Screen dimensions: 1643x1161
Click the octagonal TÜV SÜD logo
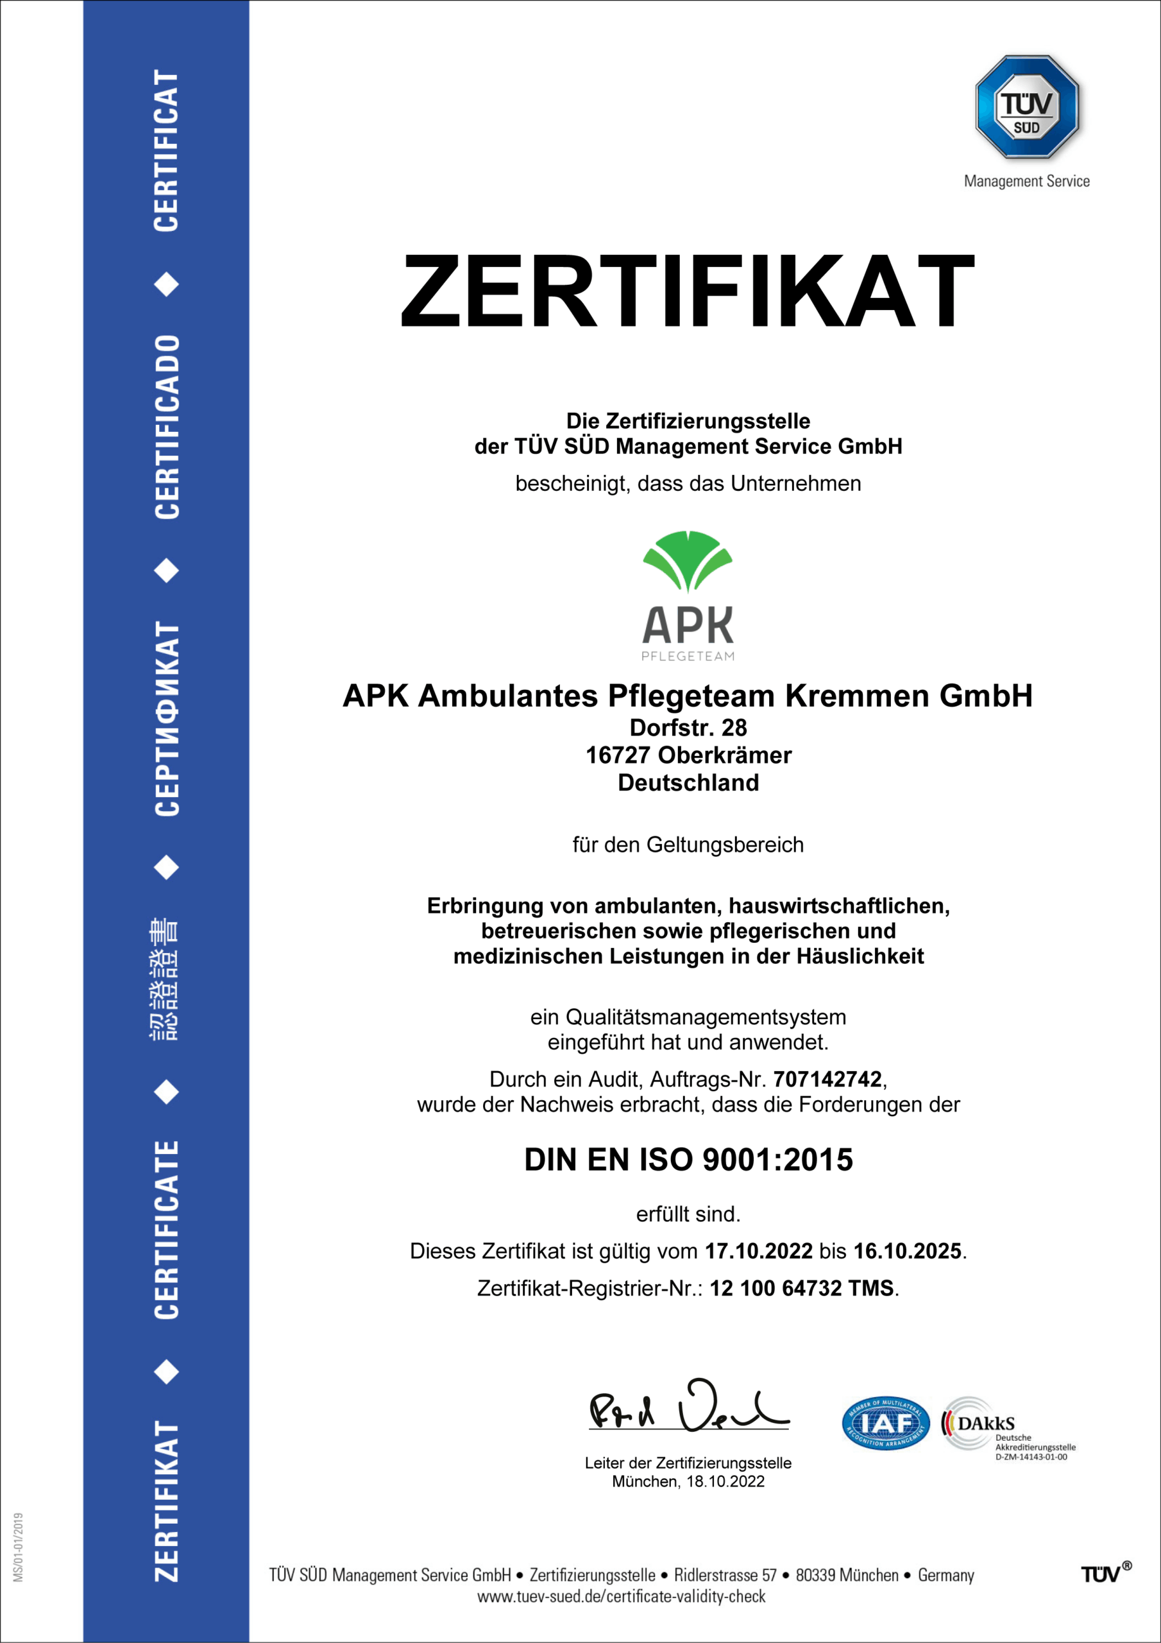point(1026,107)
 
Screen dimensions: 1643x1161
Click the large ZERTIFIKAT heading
point(687,291)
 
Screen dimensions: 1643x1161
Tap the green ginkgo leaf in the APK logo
point(688,560)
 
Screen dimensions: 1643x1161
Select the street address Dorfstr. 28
point(688,728)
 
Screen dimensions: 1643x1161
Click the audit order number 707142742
point(827,1078)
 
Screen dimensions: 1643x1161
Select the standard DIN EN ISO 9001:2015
point(688,1160)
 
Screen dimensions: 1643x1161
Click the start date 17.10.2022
point(758,1251)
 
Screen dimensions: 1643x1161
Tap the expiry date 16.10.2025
point(907,1251)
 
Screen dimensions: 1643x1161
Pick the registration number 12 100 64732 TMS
point(801,1288)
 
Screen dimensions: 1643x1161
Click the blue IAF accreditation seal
point(886,1424)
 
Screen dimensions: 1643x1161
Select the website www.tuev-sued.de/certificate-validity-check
point(621,1597)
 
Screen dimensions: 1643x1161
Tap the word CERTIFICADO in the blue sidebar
point(167,427)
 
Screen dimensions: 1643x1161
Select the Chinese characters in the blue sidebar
point(165,978)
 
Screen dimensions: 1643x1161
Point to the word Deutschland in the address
point(688,783)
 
